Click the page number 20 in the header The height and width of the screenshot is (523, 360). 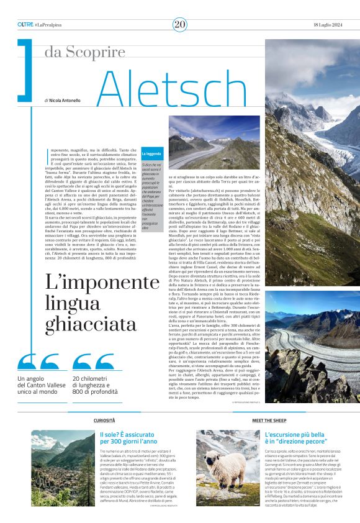pos(179,24)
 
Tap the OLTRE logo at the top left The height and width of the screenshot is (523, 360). pos(25,24)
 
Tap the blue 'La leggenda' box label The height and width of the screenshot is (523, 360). pos(150,152)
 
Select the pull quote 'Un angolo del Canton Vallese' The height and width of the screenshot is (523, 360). pos(41,386)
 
